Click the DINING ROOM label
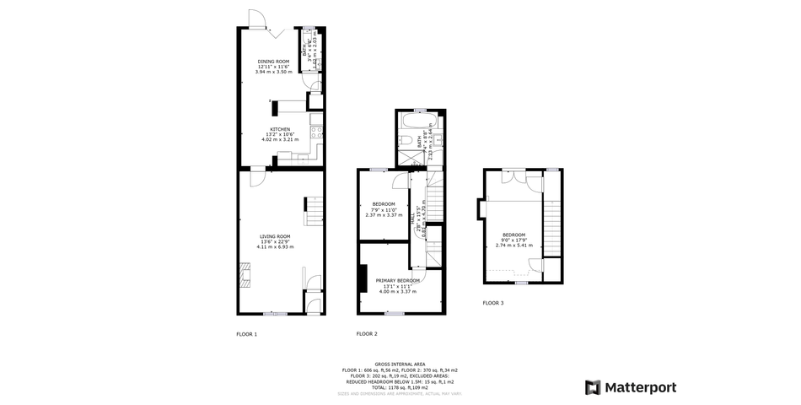[x=273, y=62]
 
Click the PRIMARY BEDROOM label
[x=398, y=280]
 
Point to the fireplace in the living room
[x=245, y=273]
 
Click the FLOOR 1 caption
[x=246, y=334]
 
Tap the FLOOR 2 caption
[x=366, y=334]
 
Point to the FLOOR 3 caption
[x=492, y=303]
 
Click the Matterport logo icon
[x=593, y=387]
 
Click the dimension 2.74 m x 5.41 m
[x=513, y=245]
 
